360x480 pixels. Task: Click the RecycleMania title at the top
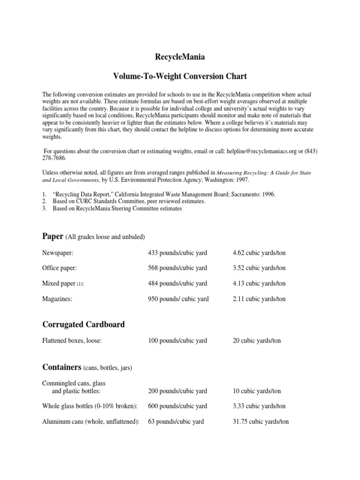point(180,57)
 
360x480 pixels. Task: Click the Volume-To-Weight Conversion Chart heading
point(180,75)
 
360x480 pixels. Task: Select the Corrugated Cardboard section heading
point(83,324)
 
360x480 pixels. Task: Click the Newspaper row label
point(59,253)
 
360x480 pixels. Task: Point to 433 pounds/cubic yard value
point(177,253)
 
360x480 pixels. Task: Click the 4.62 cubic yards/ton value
point(259,253)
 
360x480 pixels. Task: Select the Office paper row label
point(60,268)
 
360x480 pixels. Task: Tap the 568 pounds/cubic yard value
point(177,268)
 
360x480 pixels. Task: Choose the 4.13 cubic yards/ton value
point(259,284)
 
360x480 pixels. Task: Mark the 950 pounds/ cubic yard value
point(178,299)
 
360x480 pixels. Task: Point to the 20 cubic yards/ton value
point(256,341)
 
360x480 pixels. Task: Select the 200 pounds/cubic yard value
point(177,391)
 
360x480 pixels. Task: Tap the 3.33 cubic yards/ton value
point(259,406)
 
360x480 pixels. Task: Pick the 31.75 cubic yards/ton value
point(261,421)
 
